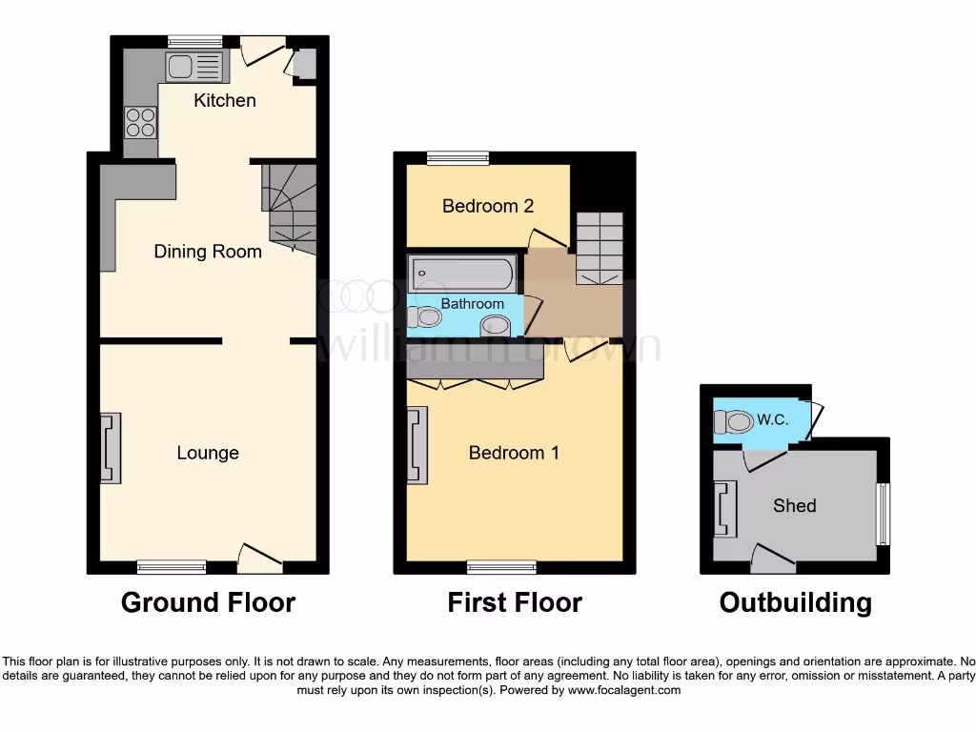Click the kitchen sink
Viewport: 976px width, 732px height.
pyautogui.click(x=196, y=66)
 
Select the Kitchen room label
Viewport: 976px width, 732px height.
pyautogui.click(x=225, y=100)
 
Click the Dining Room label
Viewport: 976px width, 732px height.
pyautogui.click(x=208, y=252)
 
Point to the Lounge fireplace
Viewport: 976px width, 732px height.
pyautogui.click(x=111, y=448)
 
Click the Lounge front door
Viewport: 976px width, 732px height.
pyautogui.click(x=258, y=557)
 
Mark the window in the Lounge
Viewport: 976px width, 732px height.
pyautogui.click(x=172, y=567)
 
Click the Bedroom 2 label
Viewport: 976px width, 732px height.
pyautogui.click(x=487, y=206)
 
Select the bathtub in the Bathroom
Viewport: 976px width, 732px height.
pyautogui.click(x=463, y=274)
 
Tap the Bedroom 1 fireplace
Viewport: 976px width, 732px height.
pyautogui.click(x=417, y=445)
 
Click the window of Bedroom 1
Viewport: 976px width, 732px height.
pyautogui.click(x=501, y=567)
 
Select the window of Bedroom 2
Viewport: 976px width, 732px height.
pyautogui.click(x=457, y=158)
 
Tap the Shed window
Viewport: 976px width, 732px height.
pyautogui.click(x=883, y=514)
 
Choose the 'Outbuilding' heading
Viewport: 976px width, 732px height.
pyautogui.click(x=795, y=602)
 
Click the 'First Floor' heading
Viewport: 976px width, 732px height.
pyautogui.click(x=515, y=602)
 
